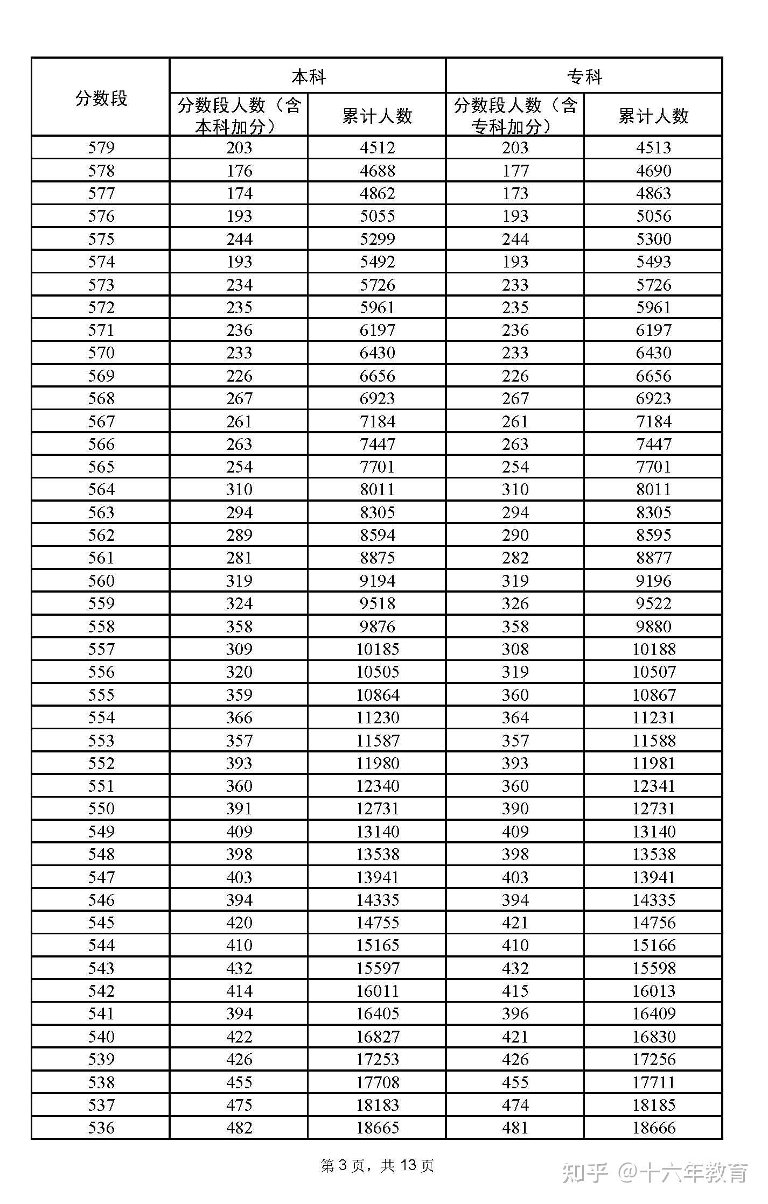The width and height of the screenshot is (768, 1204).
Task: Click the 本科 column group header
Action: tap(308, 76)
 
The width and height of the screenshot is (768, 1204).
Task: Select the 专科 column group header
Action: tap(584, 76)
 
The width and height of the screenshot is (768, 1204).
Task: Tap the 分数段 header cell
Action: tap(101, 98)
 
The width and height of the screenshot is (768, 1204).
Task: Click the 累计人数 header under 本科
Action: tap(377, 115)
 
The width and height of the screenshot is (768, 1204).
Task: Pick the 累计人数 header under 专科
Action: tap(653, 115)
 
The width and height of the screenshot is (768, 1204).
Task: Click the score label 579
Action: tap(101, 147)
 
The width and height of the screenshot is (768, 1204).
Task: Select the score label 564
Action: tap(101, 489)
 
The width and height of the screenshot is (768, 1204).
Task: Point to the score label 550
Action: tap(101, 808)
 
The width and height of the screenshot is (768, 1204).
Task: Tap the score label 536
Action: tap(101, 1128)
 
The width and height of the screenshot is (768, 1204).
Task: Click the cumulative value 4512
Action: tap(377, 147)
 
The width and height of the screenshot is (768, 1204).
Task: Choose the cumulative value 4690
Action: tap(653, 171)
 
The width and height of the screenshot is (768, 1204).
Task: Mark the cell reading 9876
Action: tap(377, 626)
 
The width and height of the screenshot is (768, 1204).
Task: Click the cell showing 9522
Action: tap(653, 603)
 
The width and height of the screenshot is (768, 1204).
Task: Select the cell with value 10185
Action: tap(377, 649)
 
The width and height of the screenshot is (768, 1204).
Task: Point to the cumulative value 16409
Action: tap(653, 1013)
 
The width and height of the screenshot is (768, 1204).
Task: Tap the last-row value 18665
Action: tap(377, 1128)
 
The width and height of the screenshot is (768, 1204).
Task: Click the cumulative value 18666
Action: tap(653, 1128)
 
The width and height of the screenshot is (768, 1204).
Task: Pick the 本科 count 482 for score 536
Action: tap(239, 1128)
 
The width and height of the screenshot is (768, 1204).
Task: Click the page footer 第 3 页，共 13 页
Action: tap(377, 1166)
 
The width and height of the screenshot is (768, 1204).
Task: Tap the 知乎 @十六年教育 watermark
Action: tap(655, 1172)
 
